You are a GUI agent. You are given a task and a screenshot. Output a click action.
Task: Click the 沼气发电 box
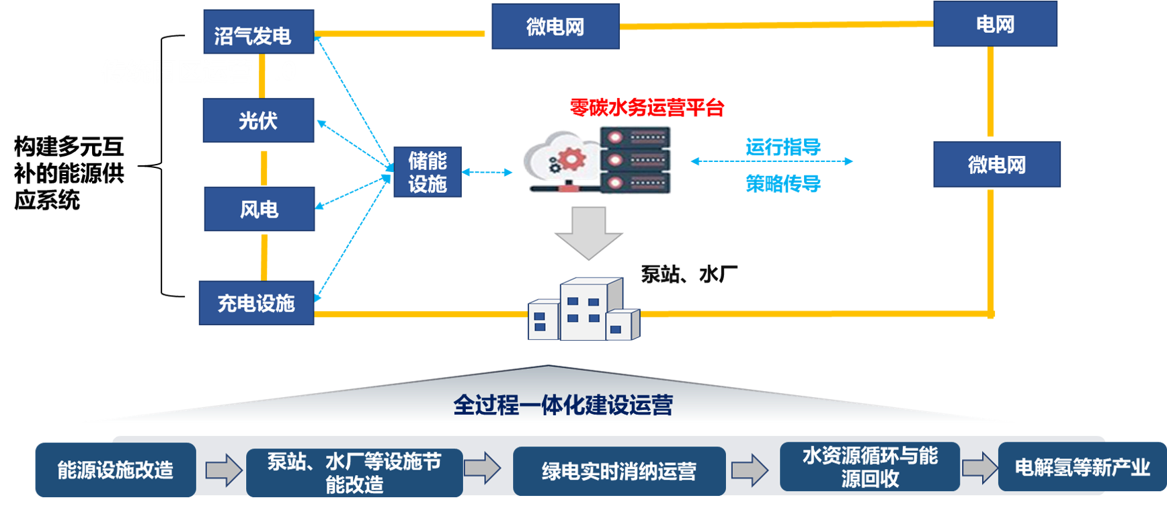point(259,32)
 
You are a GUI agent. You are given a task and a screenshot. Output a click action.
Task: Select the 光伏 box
point(258,120)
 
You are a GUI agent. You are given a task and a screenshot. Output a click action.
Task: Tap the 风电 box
point(259,209)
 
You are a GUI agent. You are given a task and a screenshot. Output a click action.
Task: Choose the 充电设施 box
point(257,303)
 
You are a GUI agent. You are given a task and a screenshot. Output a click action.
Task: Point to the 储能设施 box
point(428,172)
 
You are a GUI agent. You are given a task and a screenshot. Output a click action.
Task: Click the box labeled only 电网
point(995,24)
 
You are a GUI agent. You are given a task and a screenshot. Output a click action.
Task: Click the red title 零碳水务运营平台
point(647,108)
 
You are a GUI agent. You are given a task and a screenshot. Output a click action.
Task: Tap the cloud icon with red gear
point(559,161)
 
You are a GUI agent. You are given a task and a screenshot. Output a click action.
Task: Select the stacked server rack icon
point(635,160)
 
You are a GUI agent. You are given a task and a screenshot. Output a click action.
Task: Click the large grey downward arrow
point(589,232)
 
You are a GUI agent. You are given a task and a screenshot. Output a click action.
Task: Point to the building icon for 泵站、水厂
point(583,308)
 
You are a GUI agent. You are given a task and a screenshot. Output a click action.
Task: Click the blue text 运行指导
point(783,147)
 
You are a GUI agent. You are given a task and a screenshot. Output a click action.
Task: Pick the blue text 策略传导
point(783,183)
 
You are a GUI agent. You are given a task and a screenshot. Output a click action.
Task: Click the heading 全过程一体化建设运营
point(563,405)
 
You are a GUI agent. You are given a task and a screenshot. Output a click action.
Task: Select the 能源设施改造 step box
point(116,470)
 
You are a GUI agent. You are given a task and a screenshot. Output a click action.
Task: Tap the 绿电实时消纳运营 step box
point(619,471)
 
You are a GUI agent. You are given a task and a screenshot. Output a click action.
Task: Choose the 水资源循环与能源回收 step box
point(870,467)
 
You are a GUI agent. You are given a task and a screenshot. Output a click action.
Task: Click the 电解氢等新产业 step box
point(1082,467)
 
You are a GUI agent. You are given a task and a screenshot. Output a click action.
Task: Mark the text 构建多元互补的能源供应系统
point(69,173)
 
